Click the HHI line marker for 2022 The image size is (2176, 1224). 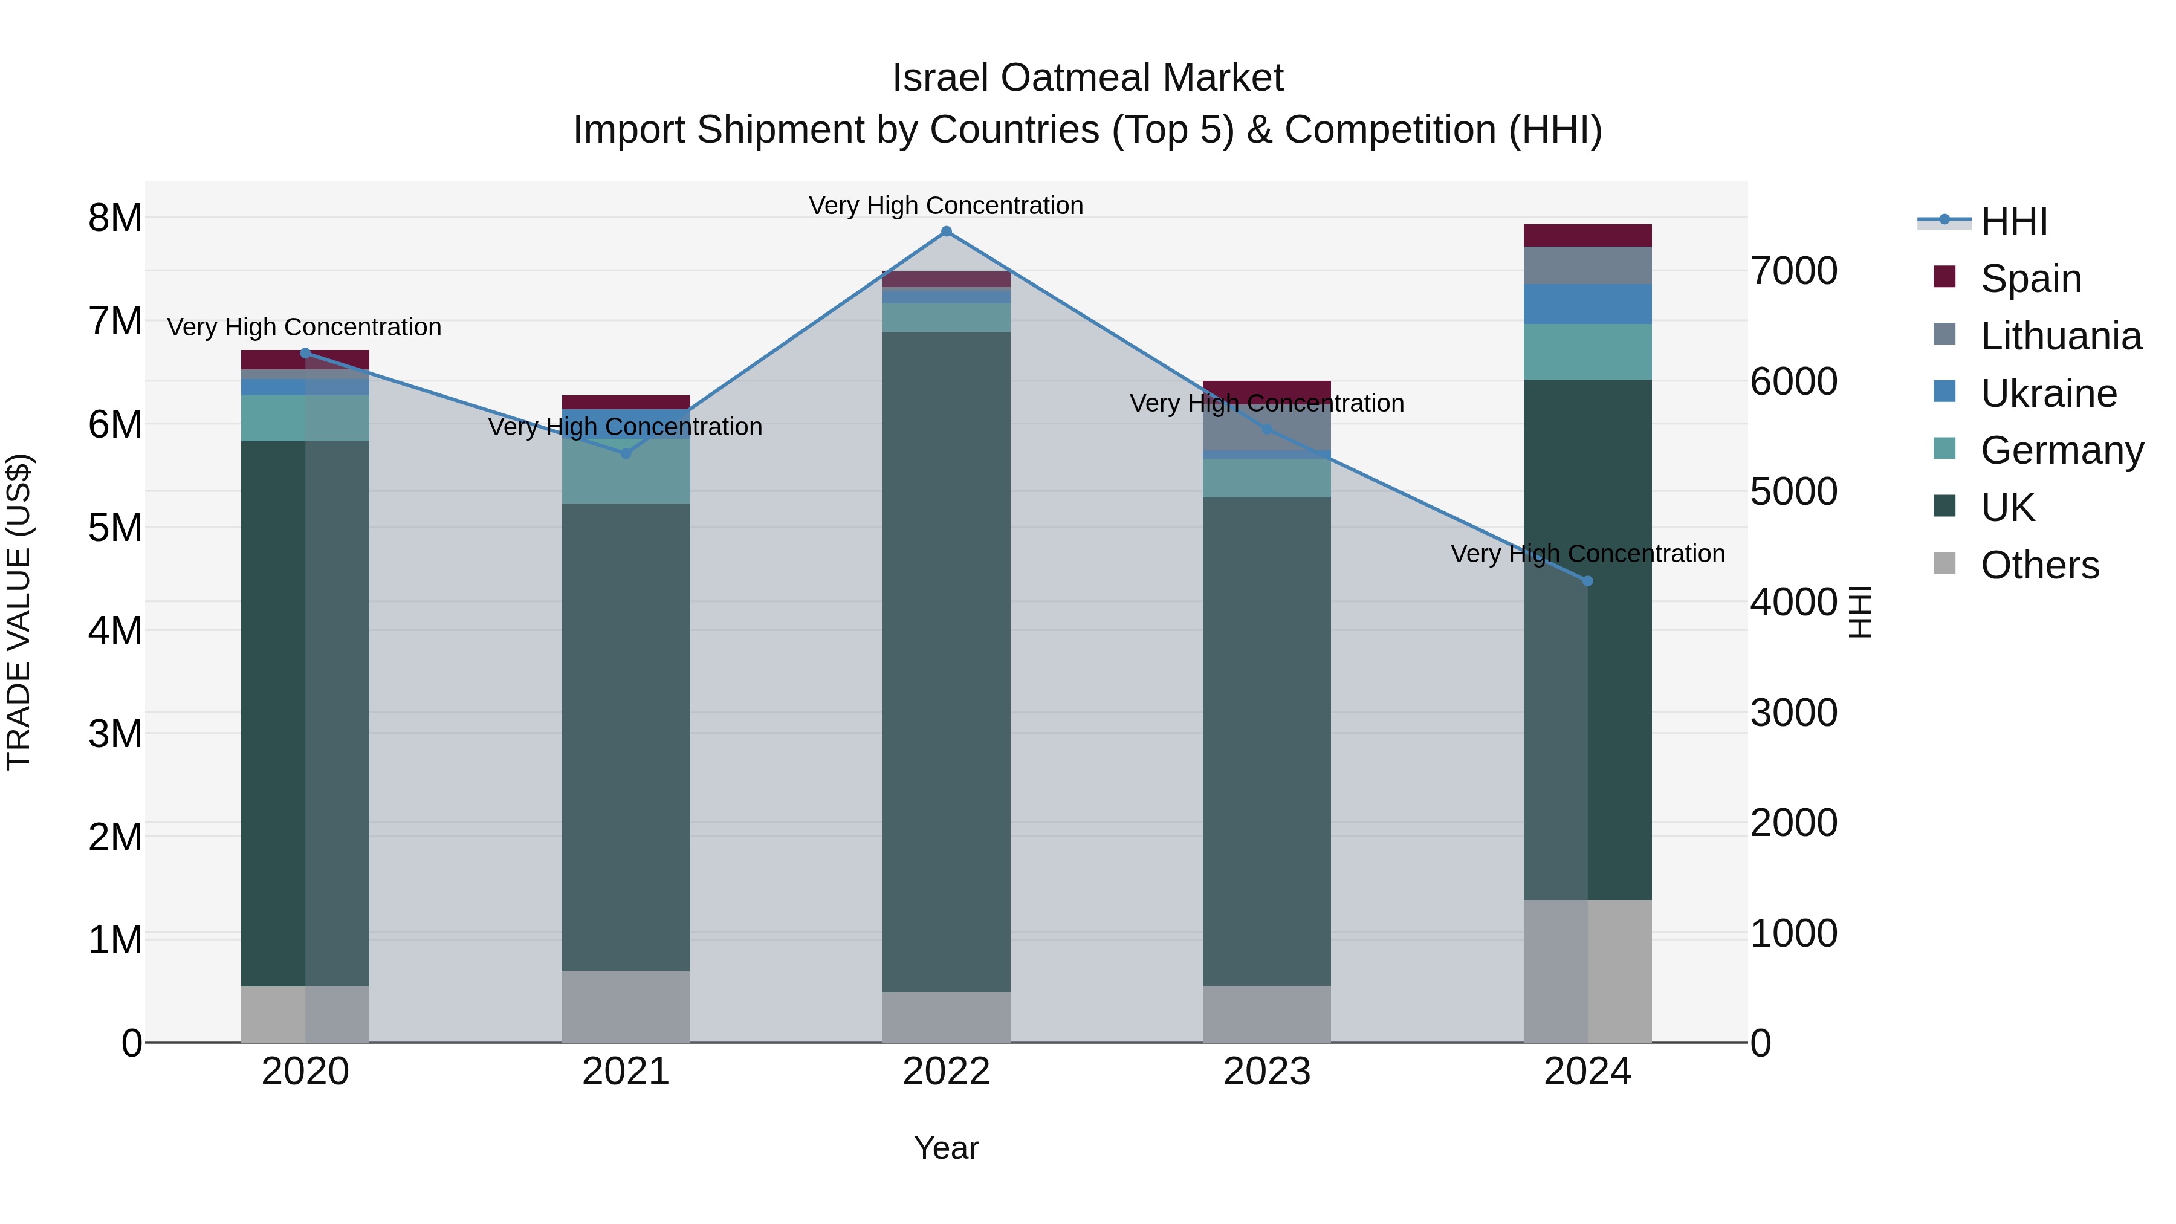tap(946, 232)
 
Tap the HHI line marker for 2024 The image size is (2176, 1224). tap(1587, 581)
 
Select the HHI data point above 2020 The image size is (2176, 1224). tap(306, 353)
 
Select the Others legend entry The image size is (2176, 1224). tap(2039, 565)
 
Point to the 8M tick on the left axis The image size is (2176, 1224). tap(115, 218)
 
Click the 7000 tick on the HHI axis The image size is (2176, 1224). tap(1793, 271)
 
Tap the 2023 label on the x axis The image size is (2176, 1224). tap(1266, 1071)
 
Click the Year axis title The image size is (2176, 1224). tap(946, 1148)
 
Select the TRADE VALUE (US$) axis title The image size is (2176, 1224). tap(19, 612)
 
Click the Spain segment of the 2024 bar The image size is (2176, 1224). tap(1587, 236)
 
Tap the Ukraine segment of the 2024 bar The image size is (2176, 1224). tap(1587, 304)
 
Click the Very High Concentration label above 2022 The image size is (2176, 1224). tap(946, 206)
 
